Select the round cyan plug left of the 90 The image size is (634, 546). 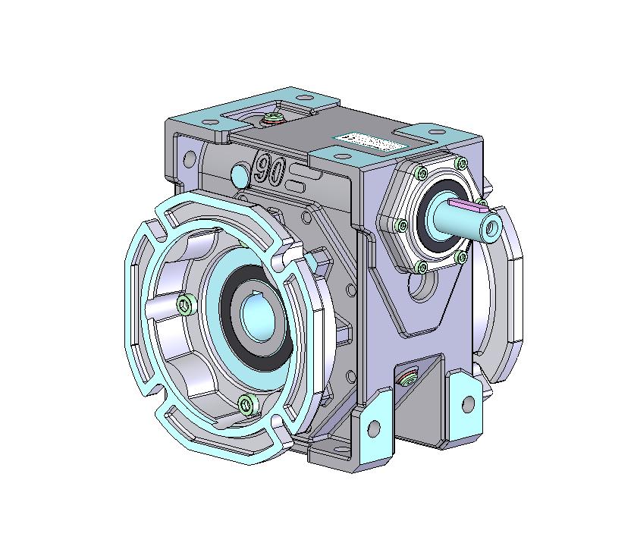click(238, 175)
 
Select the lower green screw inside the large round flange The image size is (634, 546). click(244, 405)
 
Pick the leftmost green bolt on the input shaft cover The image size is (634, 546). click(400, 225)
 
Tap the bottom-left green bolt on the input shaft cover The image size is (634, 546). click(421, 265)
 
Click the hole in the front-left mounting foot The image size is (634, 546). click(373, 428)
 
